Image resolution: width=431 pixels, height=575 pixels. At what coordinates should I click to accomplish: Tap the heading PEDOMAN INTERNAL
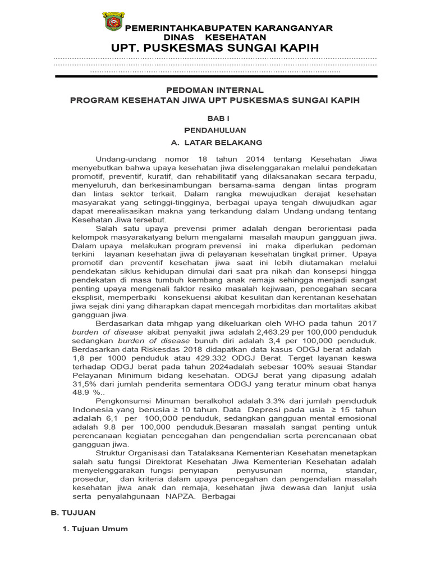pos(215,90)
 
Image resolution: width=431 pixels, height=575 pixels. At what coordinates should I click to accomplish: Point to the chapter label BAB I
pos(215,118)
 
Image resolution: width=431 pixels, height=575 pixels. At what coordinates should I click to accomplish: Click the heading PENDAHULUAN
pos(215,130)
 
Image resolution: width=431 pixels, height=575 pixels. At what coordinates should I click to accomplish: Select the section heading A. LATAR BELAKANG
pos(215,143)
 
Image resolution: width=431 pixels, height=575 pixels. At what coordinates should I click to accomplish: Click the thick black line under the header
pos(215,76)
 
